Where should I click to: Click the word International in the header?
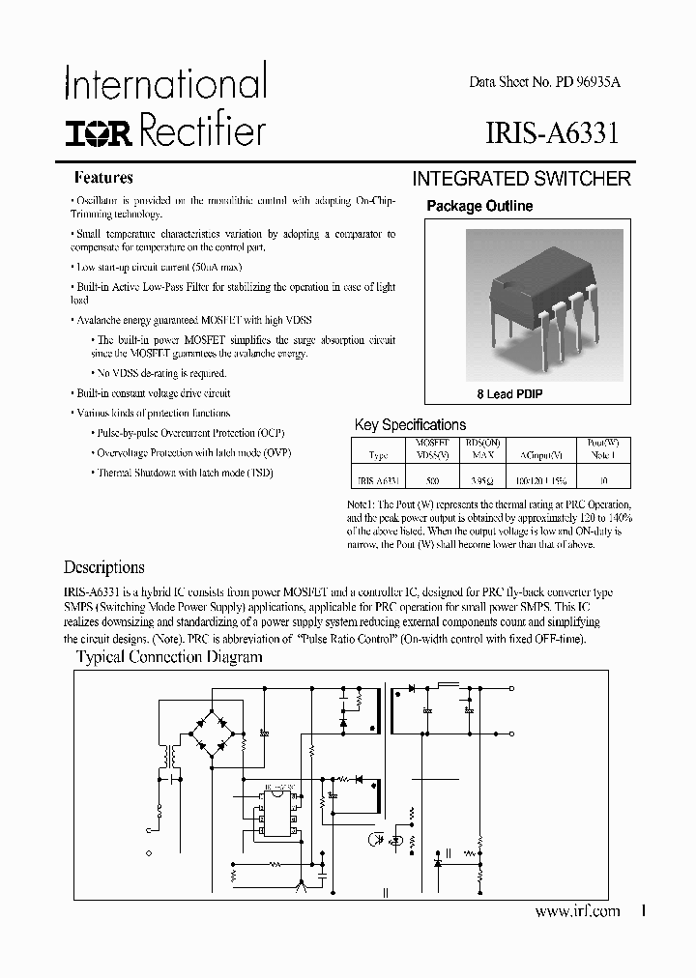165,84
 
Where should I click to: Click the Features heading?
103,178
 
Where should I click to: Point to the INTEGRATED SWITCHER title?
521,179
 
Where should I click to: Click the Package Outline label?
479,206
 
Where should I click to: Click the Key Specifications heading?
410,424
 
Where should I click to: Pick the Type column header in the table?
379,453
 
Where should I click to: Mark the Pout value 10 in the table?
605,478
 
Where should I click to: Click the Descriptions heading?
103,567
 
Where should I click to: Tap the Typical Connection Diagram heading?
169,657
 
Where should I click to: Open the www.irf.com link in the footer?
576,911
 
